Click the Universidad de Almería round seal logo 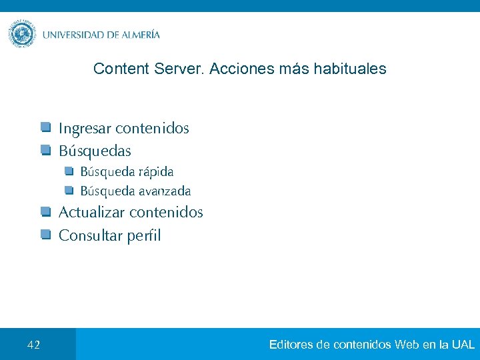tap(22, 34)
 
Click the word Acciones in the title tap(235, 69)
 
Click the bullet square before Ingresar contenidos tap(45, 127)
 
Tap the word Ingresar tap(85, 128)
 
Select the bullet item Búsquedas tap(95, 151)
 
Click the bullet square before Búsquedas tap(45, 149)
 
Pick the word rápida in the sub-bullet tap(156, 171)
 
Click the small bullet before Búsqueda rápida tap(69, 171)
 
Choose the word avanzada tap(165, 191)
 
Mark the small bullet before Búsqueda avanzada tap(69, 190)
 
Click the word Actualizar tap(92, 213)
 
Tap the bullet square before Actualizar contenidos tap(45, 212)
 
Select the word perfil tap(141, 235)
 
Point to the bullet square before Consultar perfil tap(45, 234)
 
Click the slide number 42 tap(34, 345)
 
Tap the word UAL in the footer tap(463, 345)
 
